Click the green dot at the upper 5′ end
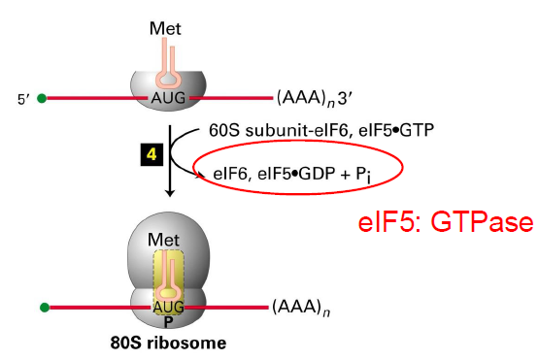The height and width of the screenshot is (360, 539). [43, 98]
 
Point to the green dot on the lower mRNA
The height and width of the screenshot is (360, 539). [44, 309]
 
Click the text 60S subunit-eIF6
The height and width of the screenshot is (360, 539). [268, 130]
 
